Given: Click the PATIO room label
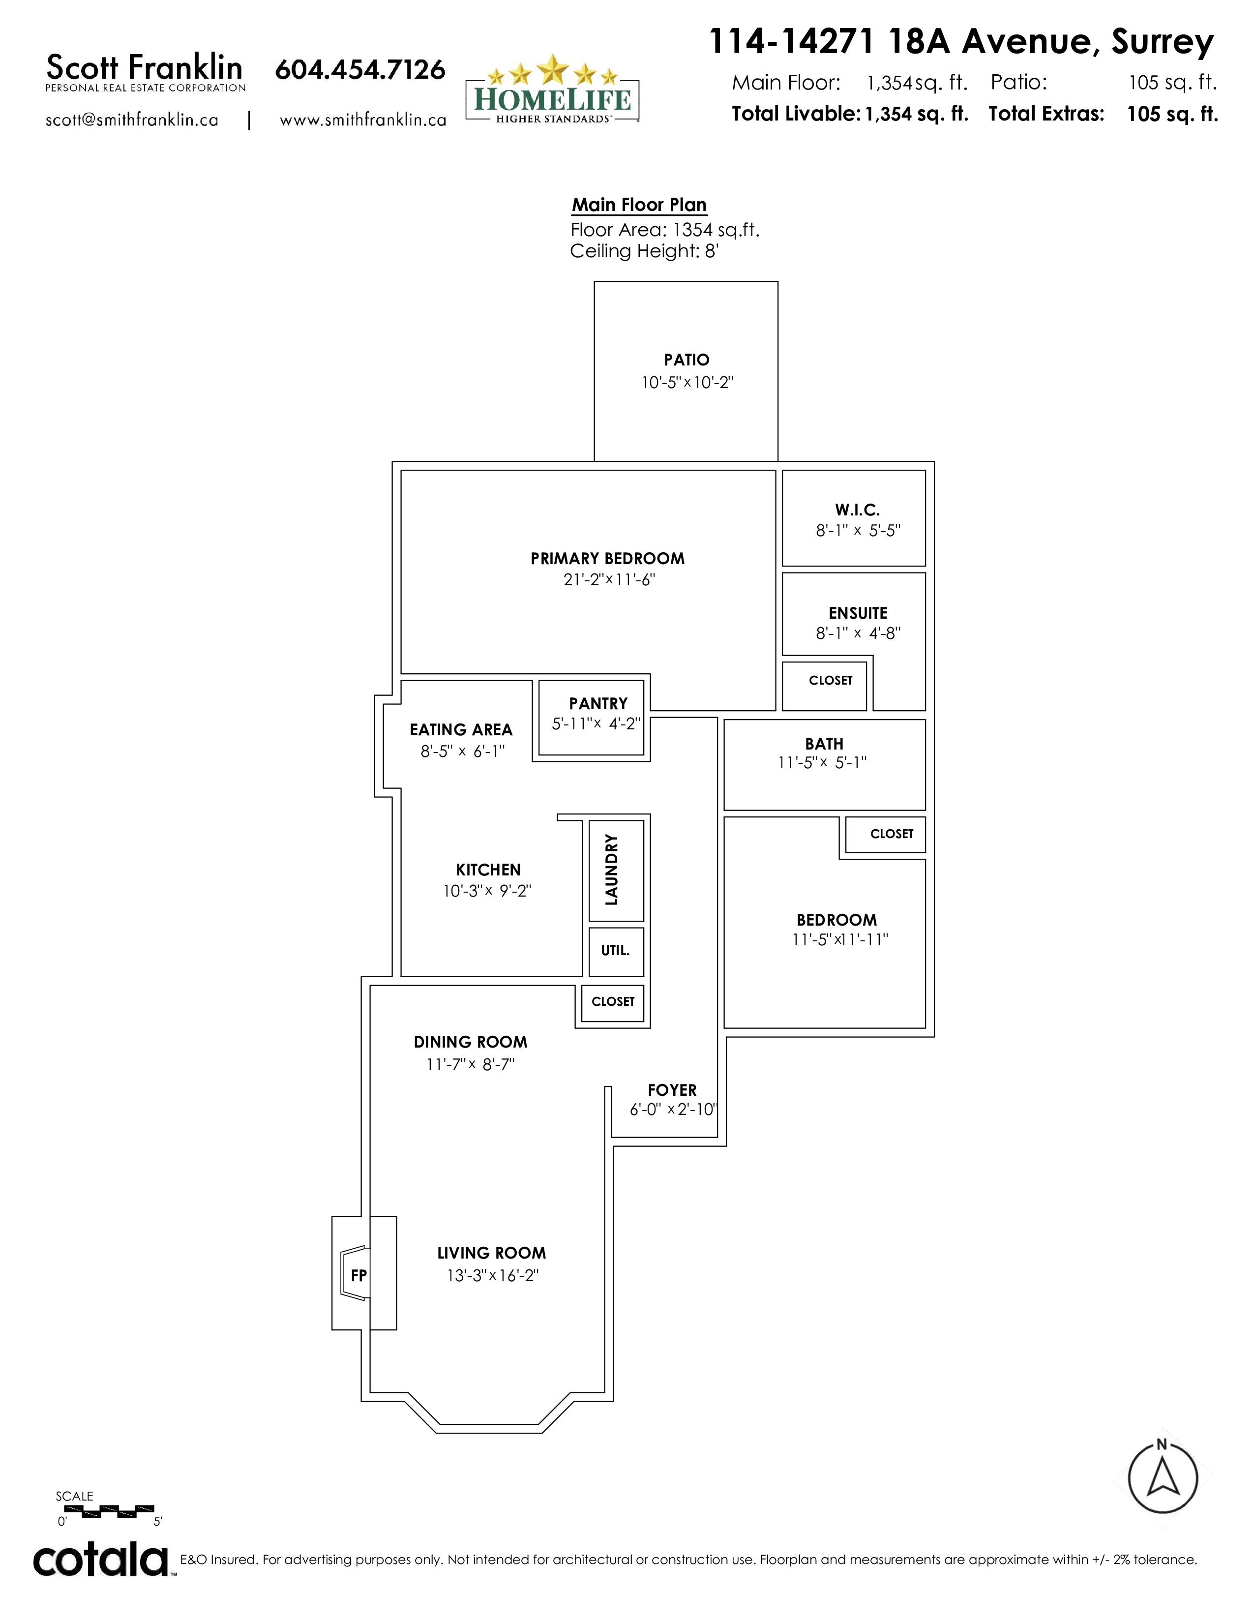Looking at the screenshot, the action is (x=687, y=360).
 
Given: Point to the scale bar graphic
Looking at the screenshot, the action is (x=105, y=1510).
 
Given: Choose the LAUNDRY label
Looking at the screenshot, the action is (x=611, y=870).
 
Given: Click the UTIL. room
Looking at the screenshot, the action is (x=616, y=951).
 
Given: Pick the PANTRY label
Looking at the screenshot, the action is (x=598, y=703).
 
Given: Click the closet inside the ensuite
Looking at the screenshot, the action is (x=825, y=686).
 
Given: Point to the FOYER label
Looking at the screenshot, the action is (x=672, y=1090).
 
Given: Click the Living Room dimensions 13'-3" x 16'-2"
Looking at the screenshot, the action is (x=493, y=1276).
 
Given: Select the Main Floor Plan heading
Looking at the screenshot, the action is (x=639, y=205).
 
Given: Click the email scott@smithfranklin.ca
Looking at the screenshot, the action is (x=132, y=120).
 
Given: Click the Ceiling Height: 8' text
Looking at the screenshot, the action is (x=644, y=251).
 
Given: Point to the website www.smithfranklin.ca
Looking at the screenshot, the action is (x=362, y=120).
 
